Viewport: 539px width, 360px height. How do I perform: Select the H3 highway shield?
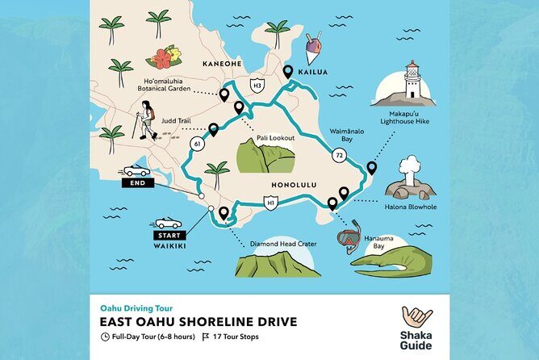coord(257,84)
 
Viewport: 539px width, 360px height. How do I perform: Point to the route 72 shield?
coord(339,153)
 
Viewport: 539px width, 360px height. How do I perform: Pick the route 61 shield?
coord(197,144)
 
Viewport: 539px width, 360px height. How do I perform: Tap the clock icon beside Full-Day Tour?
coord(105,337)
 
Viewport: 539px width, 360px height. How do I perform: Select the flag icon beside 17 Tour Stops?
coord(206,337)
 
